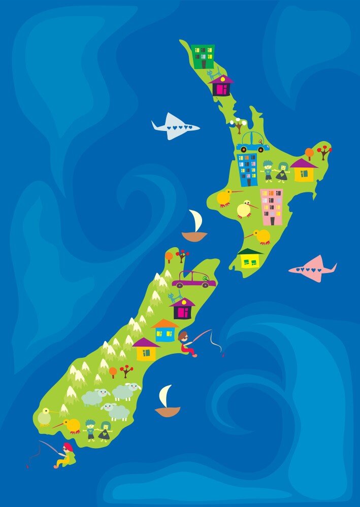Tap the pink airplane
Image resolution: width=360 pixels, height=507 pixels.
pyautogui.click(x=314, y=269)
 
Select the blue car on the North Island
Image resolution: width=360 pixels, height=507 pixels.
pyautogui.click(x=252, y=143)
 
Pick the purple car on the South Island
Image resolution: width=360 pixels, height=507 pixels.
pyautogui.click(x=193, y=279)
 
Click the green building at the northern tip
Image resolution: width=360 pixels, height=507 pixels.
pyautogui.click(x=204, y=56)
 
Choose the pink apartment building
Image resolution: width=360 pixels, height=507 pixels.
pyautogui.click(x=271, y=207)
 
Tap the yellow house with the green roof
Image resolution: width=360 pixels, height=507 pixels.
pyautogui.click(x=250, y=259)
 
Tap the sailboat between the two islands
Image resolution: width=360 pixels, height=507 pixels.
pyautogui.click(x=195, y=227)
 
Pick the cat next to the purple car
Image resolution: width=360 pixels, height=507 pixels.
pyautogui.click(x=176, y=297)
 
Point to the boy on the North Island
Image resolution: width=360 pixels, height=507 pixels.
pyautogui.click(x=268, y=171)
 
